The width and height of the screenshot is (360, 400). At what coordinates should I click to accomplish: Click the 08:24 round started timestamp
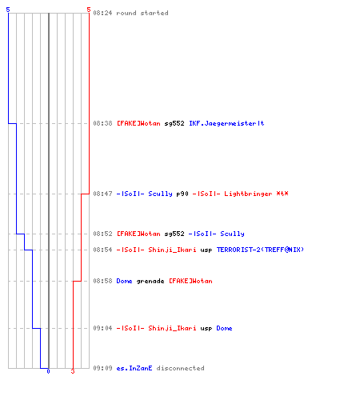[102, 13]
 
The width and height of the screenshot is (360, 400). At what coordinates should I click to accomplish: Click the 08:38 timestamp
[102, 123]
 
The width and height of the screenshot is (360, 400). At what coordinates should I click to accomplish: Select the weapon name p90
[182, 194]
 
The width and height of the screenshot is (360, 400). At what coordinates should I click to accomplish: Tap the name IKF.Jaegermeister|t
[226, 123]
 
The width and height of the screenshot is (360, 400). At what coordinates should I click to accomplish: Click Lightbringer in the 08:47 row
[248, 194]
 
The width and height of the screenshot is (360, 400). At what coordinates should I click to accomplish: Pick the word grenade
[150, 282]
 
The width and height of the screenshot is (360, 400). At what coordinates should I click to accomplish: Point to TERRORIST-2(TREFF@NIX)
[260, 250]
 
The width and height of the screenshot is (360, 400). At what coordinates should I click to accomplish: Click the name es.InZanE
[134, 368]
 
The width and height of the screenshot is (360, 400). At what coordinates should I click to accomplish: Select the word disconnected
[180, 368]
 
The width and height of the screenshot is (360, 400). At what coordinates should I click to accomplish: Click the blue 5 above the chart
[8, 10]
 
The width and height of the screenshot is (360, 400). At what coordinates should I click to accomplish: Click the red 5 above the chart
[89, 10]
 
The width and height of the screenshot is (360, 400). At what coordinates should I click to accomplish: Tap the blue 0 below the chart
[48, 371]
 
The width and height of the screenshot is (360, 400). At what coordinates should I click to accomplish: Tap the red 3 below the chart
[73, 371]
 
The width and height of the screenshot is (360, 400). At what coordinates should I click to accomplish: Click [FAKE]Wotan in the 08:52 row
[138, 234]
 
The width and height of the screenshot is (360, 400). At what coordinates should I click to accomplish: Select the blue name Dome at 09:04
[224, 328]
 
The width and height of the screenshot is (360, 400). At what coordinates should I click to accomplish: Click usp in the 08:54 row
[206, 250]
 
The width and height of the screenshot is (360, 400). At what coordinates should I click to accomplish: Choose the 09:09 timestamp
[102, 368]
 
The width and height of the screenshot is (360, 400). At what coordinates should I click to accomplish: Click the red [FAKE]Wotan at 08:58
[190, 281]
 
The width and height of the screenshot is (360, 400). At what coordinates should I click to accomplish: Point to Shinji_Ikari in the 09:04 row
[172, 328]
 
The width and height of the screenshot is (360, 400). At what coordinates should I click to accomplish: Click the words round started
[142, 13]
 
